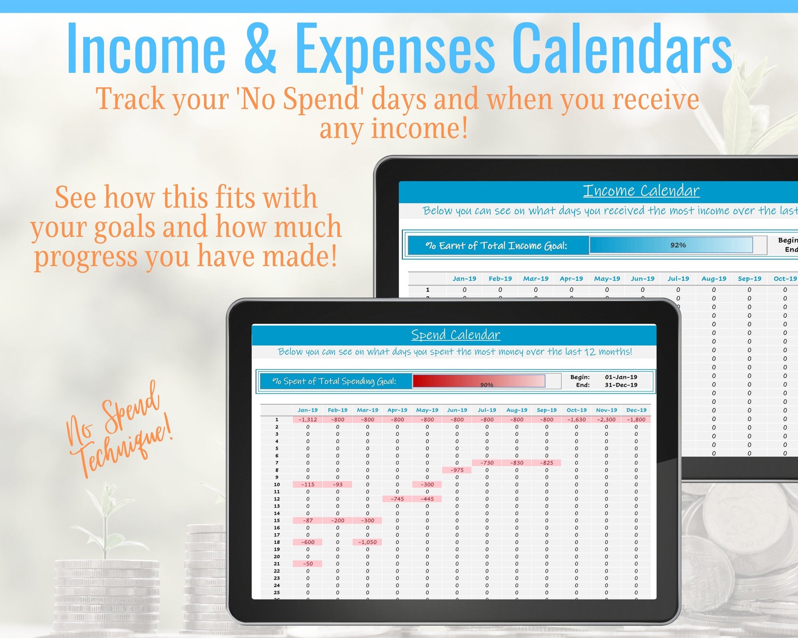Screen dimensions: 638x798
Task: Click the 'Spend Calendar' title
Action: (455, 335)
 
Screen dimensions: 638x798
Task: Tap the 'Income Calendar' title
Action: (641, 190)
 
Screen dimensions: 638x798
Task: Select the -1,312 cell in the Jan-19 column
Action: (307, 419)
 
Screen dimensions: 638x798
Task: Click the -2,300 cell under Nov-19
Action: (606, 419)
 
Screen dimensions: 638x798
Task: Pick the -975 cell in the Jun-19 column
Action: (457, 470)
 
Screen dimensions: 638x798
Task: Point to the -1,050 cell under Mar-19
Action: (367, 542)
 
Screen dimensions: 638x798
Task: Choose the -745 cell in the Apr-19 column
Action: (397, 499)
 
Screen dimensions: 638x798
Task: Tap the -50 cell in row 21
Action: (307, 564)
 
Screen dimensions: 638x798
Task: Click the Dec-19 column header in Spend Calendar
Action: (636, 410)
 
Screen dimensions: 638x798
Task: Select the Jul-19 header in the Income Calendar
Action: (678, 278)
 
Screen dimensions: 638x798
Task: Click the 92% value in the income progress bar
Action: (678, 245)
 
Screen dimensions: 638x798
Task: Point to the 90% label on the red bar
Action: (487, 385)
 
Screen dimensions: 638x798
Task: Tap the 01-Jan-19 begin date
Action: (621, 377)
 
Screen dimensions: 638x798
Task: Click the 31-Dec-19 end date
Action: (621, 385)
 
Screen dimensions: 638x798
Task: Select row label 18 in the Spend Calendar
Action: (277, 542)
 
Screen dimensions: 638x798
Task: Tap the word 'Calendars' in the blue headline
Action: (621, 49)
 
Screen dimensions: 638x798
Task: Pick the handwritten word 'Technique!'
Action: (125, 448)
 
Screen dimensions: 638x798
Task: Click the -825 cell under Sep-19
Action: (547, 463)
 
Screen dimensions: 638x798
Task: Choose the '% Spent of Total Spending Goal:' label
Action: (334, 381)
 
